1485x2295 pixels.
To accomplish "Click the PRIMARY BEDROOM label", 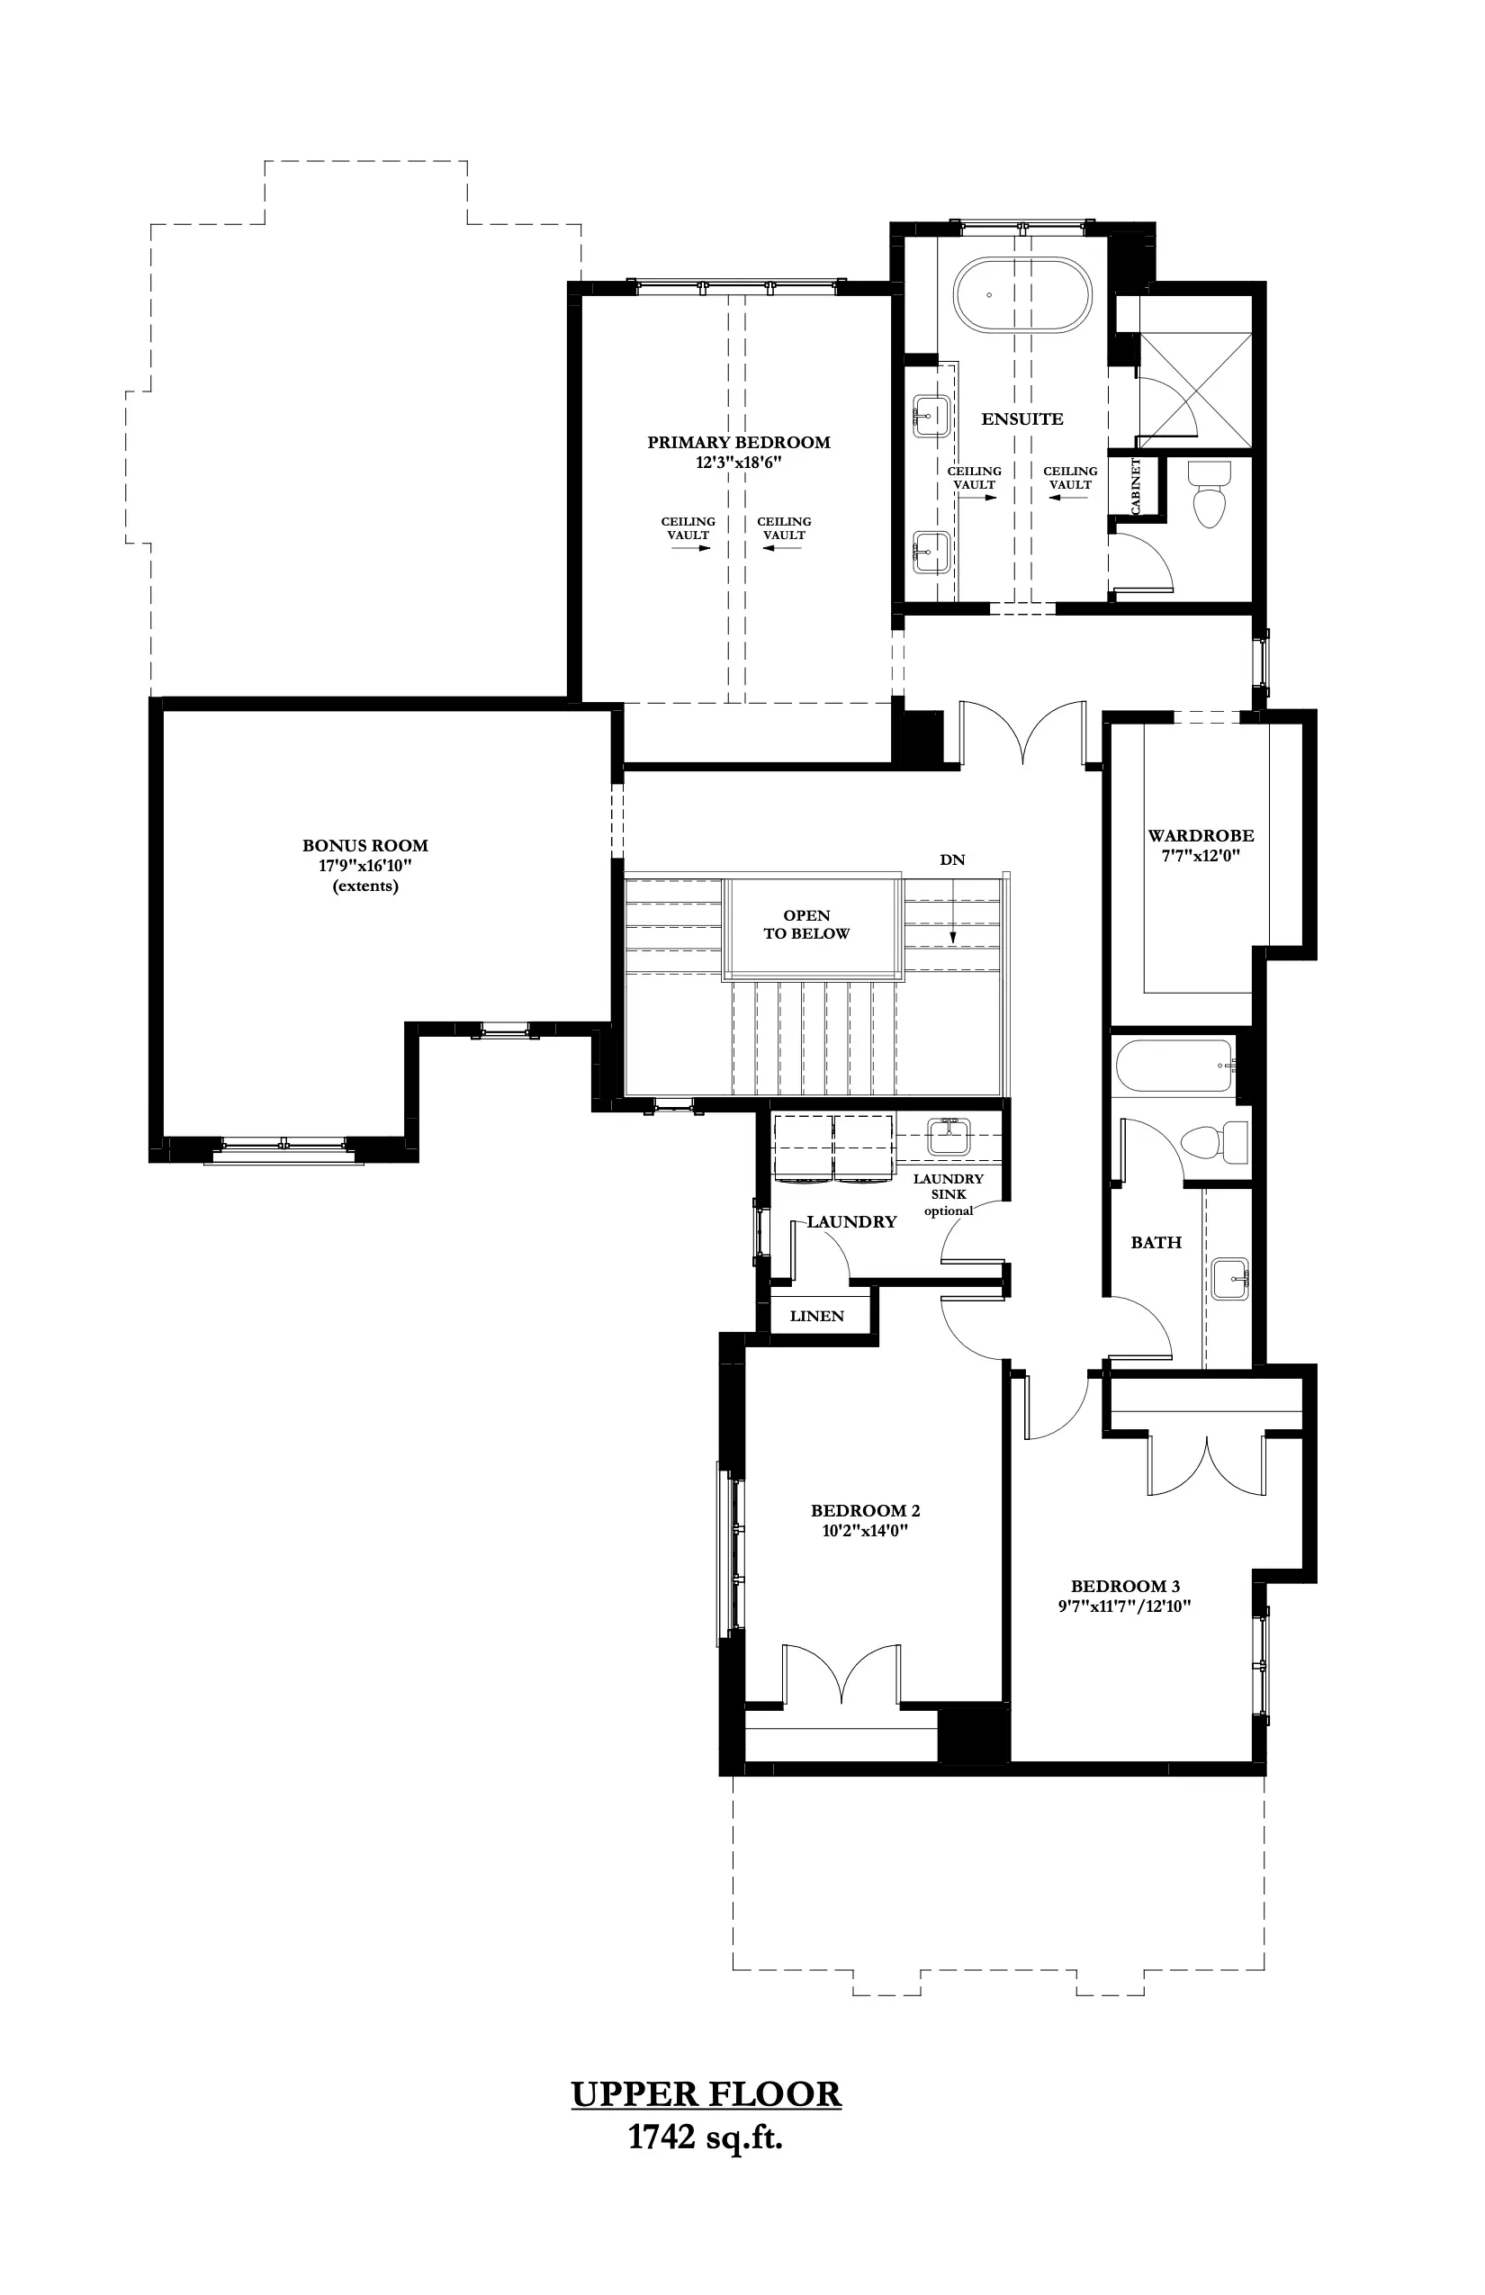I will point(738,443).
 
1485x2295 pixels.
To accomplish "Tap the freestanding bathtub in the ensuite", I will point(1022,295).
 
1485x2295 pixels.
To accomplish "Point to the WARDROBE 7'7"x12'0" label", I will point(1201,845).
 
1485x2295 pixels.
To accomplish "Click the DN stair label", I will point(952,859).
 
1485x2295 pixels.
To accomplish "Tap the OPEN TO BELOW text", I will point(806,923).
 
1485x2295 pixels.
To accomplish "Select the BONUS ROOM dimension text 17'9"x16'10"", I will point(364,866).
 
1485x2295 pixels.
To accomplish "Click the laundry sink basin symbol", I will point(949,1138).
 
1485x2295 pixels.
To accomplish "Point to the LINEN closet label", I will point(817,1316).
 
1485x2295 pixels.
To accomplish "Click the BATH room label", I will point(1156,1243).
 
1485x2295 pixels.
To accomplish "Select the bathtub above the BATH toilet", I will point(1174,1066).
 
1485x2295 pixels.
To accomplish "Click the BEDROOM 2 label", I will point(865,1511).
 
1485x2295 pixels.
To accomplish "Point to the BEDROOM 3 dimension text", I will point(1124,1606).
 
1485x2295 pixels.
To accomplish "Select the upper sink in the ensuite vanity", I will point(932,416).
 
